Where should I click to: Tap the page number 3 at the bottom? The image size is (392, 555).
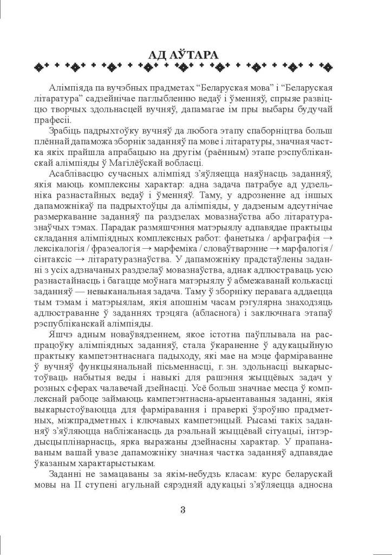coord(182,509)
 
